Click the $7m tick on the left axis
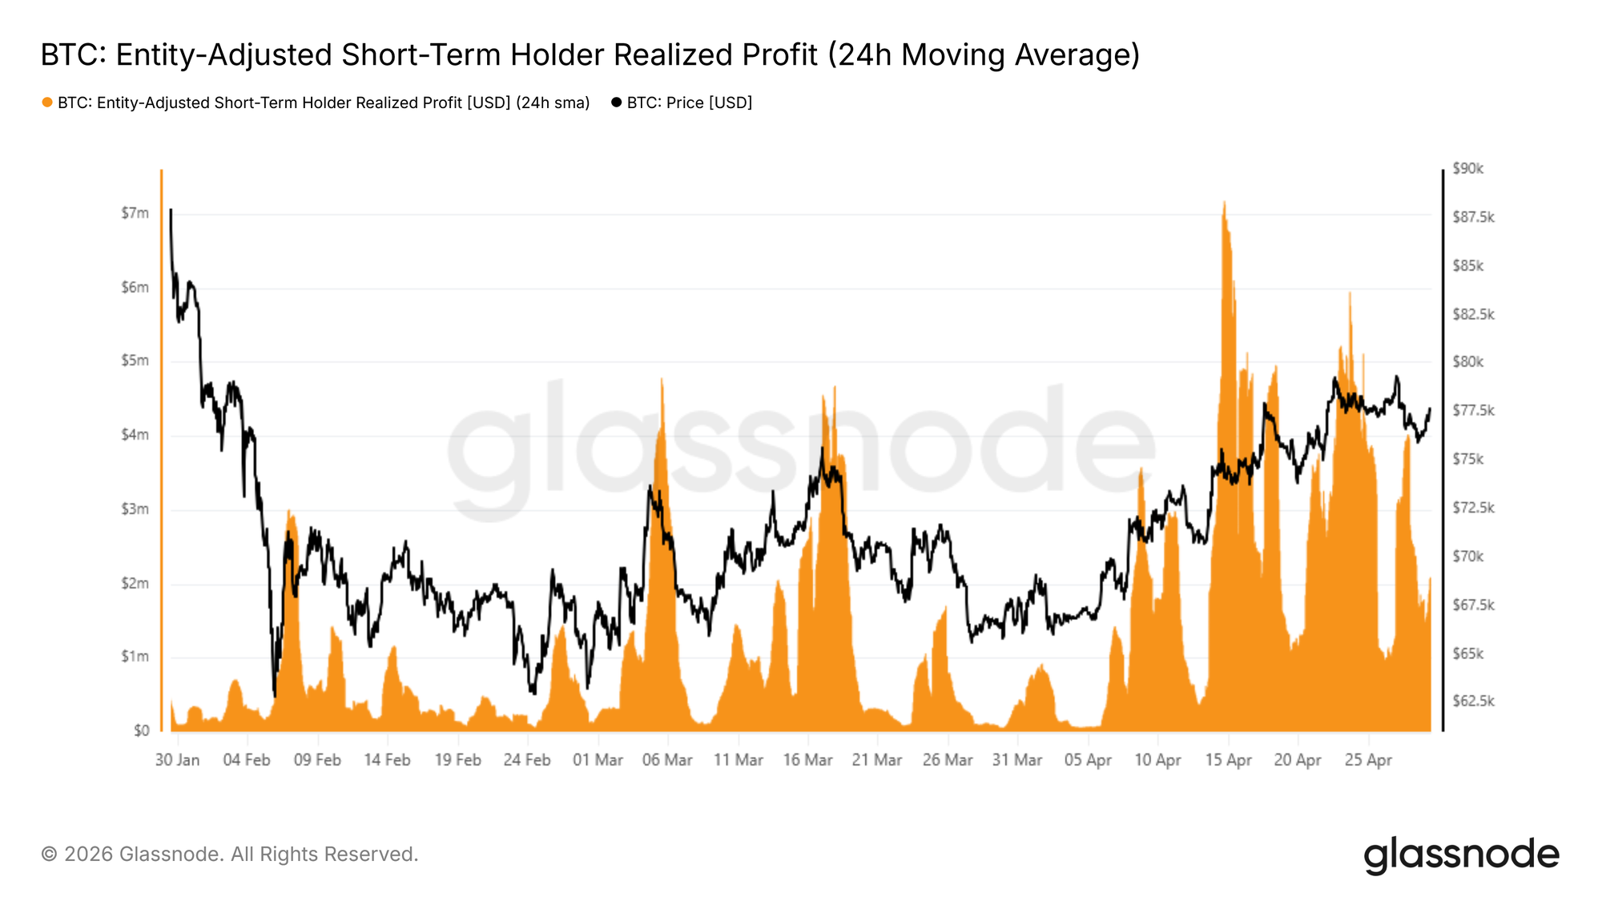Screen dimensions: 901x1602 [135, 213]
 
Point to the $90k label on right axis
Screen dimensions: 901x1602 [1468, 168]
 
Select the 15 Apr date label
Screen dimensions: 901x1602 [1228, 760]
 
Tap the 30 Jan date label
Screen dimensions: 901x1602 [177, 760]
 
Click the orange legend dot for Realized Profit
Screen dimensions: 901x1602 [47, 103]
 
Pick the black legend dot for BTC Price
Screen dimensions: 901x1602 [616, 103]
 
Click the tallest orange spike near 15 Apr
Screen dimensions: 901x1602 [1224, 203]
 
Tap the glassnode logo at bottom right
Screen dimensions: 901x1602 [1461, 855]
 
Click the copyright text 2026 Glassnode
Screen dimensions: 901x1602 [229, 855]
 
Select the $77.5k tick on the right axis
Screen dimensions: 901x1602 [1473, 411]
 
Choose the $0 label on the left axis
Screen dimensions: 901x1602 [141, 730]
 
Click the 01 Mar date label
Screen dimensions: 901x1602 [598, 760]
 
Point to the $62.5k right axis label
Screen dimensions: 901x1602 [1473, 702]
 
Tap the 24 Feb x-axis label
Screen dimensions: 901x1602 [527, 760]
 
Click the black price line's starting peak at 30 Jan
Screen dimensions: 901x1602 [171, 211]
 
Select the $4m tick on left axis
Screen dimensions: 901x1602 [135, 435]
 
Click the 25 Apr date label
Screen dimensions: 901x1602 [1368, 760]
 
